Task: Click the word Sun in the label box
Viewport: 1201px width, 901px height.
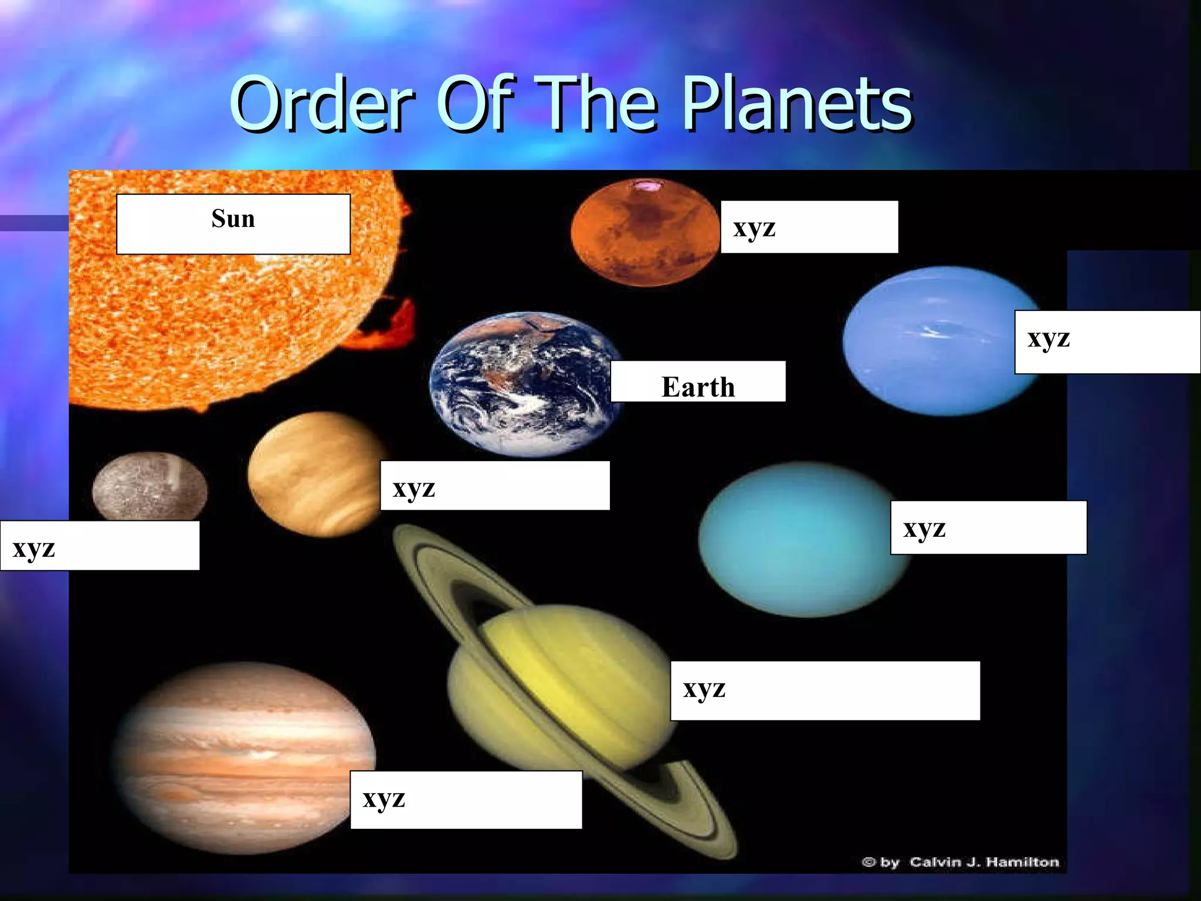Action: click(x=233, y=219)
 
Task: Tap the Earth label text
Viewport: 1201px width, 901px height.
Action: click(x=698, y=387)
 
